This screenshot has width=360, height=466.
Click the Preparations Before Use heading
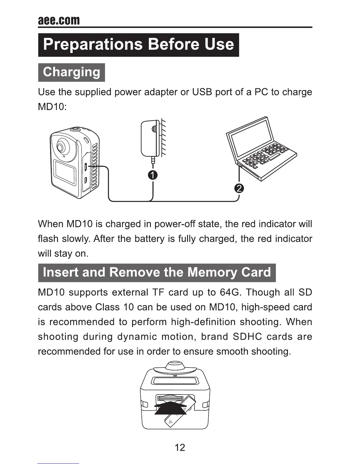point(139,45)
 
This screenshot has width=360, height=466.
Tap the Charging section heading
point(71,72)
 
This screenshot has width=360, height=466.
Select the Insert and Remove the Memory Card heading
point(157,273)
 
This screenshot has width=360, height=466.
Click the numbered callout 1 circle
point(153,175)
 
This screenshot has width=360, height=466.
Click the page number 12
point(180,447)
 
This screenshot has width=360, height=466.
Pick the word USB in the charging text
point(202,92)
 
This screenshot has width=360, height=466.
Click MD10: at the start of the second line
point(53,107)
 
